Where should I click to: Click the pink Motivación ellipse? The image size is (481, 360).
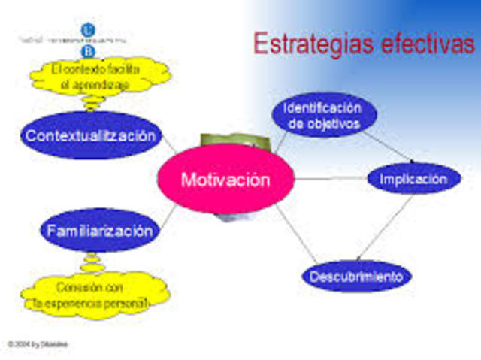click(x=224, y=180)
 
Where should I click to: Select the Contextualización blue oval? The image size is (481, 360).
click(x=92, y=135)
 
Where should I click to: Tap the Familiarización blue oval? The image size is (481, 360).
click(x=99, y=230)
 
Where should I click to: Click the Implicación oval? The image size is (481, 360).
click(x=413, y=179)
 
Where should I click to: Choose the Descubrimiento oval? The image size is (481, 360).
click(x=357, y=276)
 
